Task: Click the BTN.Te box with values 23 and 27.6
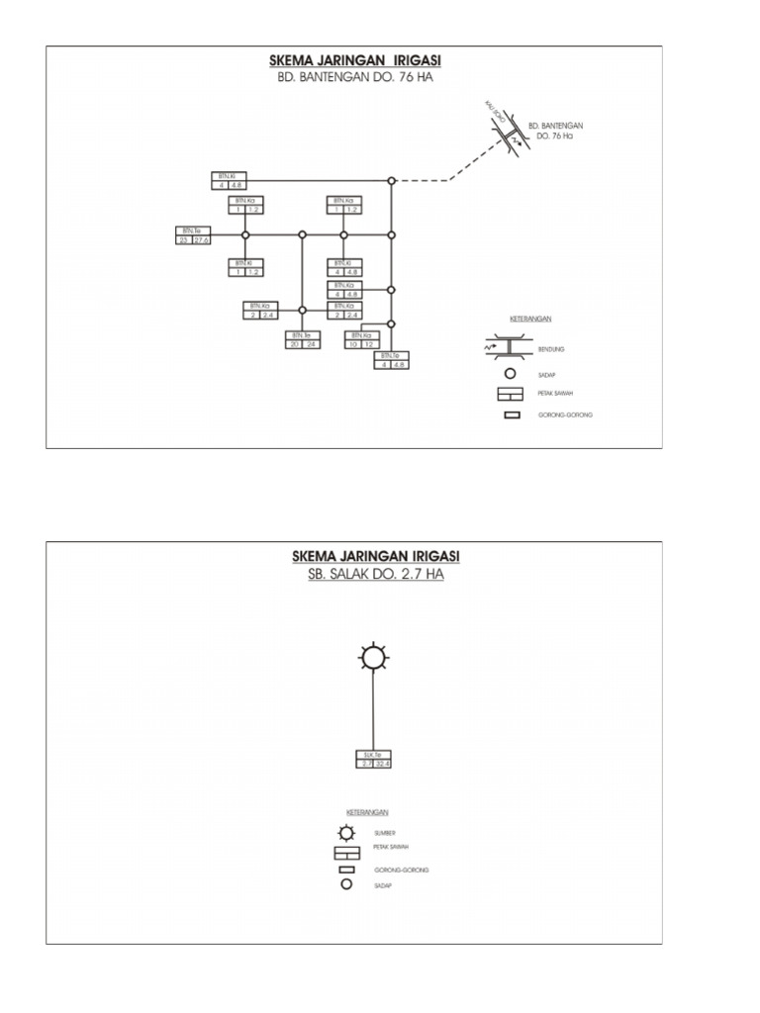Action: [194, 235]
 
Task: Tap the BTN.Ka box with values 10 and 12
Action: [359, 340]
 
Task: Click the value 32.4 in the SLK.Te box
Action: [383, 763]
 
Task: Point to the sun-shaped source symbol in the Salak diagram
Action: [373, 658]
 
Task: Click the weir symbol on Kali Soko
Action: [506, 136]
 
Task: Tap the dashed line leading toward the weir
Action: [421, 181]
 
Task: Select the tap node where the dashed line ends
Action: [392, 181]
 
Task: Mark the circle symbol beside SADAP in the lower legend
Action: [346, 884]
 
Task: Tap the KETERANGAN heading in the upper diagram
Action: [530, 321]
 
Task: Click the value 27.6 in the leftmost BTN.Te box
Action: [202, 239]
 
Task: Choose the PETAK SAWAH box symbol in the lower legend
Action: [346, 852]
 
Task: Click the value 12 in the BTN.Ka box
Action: [368, 344]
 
